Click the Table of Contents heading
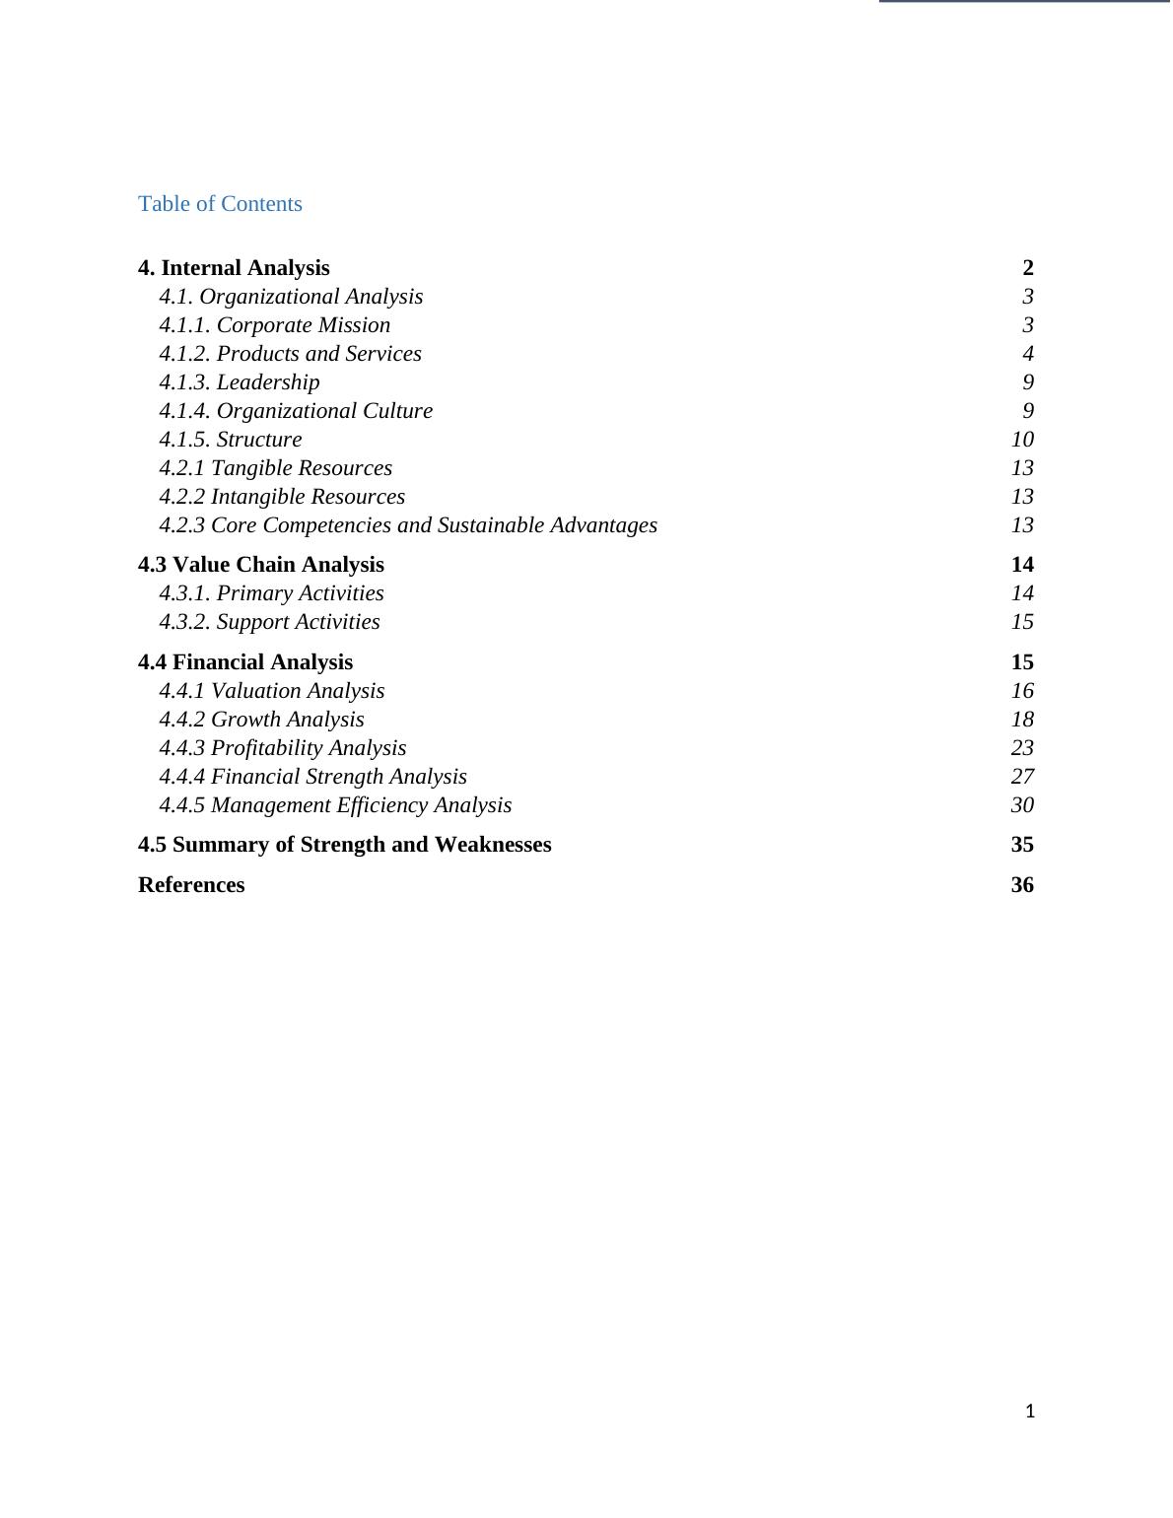220,204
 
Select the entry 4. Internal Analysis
234,268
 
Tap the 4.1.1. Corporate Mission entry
275,325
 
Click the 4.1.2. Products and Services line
291,354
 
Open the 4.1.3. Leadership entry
240,382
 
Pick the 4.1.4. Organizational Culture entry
296,411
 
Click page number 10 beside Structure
1021,440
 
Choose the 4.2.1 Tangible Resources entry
276,468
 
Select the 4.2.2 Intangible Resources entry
282,497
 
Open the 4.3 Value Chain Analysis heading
261,565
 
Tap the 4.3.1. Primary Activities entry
271,593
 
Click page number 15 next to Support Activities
1021,622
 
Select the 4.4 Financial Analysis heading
245,662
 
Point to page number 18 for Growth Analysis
1021,720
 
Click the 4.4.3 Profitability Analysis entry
283,748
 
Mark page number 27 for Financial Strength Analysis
1021,777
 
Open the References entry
191,885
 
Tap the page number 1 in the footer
1030,1412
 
